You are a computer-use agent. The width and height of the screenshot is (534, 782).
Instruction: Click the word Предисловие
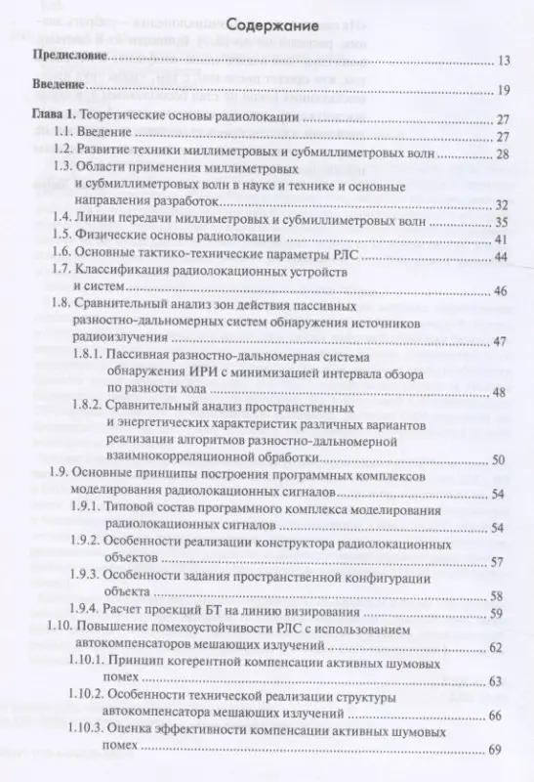coord(69,61)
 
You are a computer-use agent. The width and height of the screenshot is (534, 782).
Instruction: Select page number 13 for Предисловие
coord(504,62)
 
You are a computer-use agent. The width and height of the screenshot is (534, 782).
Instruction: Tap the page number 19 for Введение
coord(504,91)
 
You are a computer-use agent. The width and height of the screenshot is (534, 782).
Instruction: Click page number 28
coord(504,154)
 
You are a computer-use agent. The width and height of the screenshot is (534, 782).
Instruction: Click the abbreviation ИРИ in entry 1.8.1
coord(211,368)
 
